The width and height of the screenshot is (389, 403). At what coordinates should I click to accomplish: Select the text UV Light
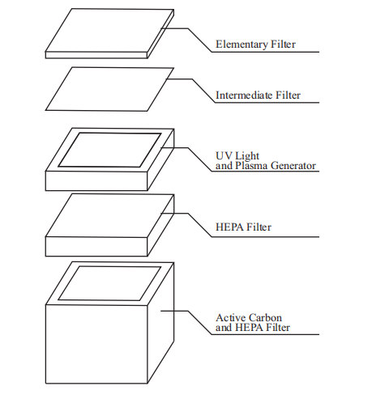[x=237, y=156]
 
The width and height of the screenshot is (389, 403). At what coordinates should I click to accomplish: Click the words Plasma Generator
[x=276, y=165]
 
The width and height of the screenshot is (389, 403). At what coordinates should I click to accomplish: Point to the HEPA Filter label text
[x=243, y=227]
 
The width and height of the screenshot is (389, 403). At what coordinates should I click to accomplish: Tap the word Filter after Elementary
[x=283, y=45]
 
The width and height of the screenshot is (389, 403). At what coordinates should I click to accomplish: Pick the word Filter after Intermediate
[x=288, y=95]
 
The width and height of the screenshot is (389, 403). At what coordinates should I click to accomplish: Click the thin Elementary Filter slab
[x=109, y=33]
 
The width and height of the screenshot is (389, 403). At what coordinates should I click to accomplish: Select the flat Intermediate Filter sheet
[x=109, y=89]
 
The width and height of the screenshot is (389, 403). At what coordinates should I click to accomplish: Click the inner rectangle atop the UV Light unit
[x=109, y=150]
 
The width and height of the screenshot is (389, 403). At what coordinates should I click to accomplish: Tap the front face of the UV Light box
[x=96, y=180]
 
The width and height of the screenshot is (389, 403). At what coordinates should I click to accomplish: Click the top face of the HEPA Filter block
[x=109, y=216]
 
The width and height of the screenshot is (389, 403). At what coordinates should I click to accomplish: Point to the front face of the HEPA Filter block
[x=96, y=247]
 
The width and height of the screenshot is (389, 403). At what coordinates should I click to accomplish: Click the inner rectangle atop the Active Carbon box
[x=109, y=283]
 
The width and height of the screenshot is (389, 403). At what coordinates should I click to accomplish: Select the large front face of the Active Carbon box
[x=96, y=344]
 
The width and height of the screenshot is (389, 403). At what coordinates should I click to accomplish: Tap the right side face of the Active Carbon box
[x=160, y=323]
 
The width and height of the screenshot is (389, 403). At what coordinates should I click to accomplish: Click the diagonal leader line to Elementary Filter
[x=200, y=40]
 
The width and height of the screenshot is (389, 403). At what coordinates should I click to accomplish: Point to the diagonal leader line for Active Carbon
[x=200, y=323]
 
